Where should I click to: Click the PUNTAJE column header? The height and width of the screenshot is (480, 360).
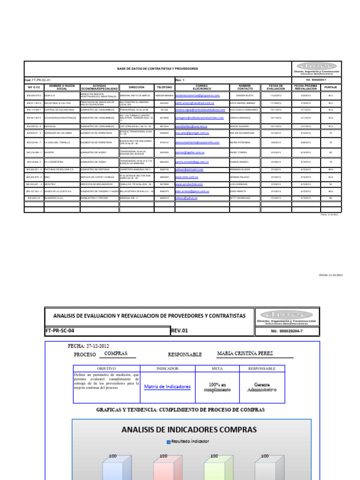[330, 87]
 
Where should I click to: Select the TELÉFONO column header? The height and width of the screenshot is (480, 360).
[164, 87]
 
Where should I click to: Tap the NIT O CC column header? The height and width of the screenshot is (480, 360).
[34, 87]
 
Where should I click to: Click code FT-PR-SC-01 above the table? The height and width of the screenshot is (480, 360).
[38, 80]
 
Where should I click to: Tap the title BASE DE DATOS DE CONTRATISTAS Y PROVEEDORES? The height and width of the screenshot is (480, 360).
[157, 68]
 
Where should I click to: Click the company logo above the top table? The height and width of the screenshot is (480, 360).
[316, 68]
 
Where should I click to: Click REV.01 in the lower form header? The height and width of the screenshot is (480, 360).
[180, 330]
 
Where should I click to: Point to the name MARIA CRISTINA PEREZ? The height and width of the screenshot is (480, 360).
[245, 353]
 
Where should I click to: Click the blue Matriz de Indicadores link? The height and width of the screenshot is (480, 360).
[167, 387]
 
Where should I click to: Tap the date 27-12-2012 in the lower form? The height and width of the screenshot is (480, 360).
[97, 346]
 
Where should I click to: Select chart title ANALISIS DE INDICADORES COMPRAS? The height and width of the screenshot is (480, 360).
[189, 429]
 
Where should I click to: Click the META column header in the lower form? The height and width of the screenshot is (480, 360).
[217, 368]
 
